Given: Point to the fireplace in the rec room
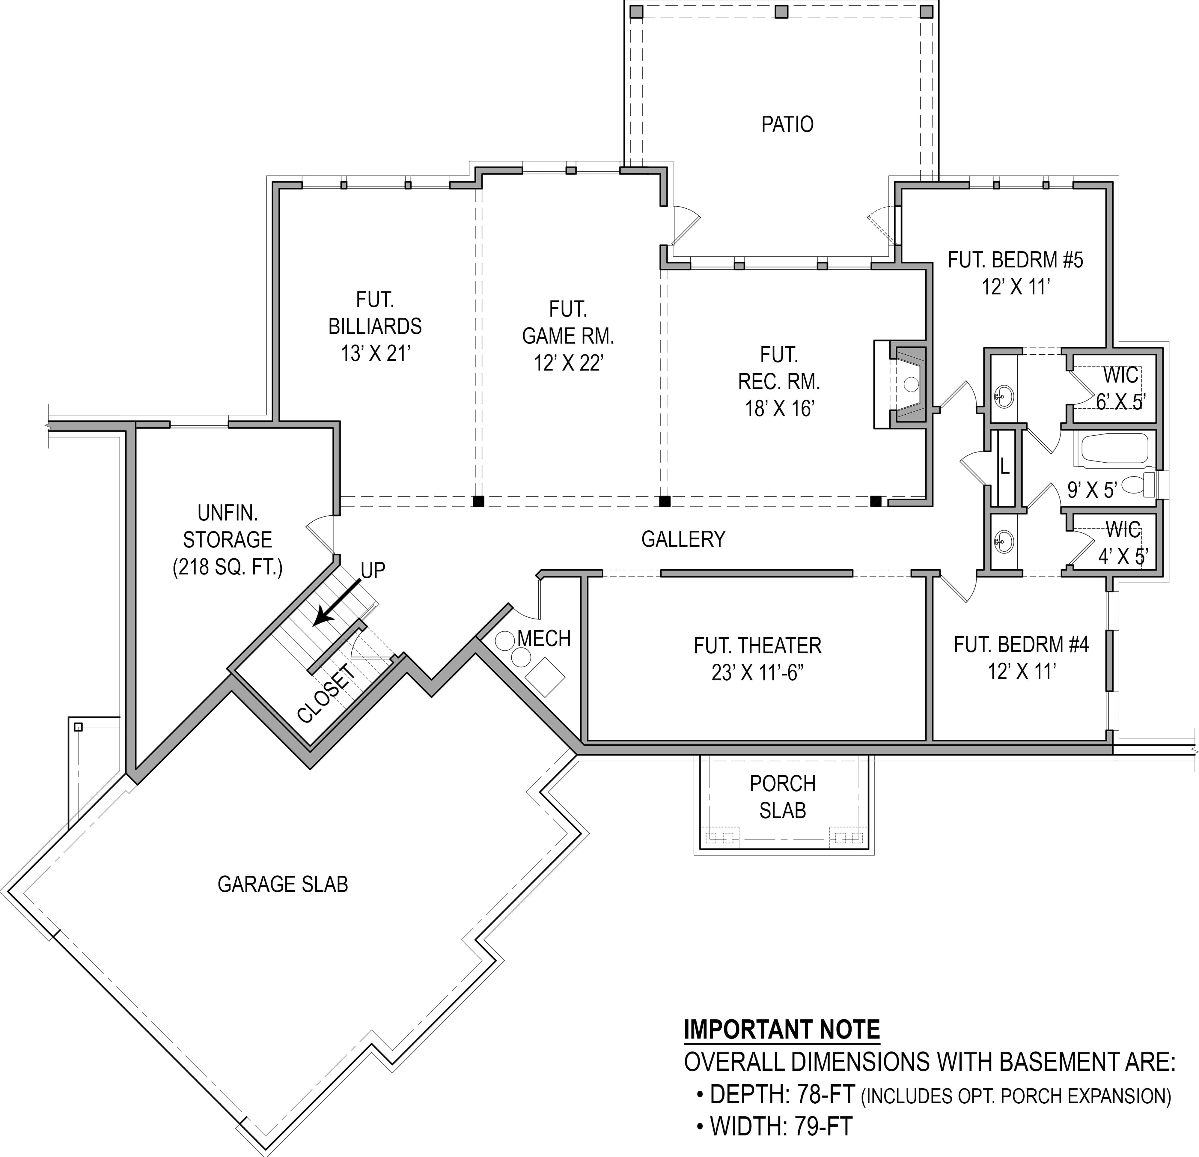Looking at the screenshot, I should coord(910,384).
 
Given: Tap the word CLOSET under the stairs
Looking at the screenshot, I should coord(326,694).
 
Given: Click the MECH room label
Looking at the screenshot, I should coord(544,639).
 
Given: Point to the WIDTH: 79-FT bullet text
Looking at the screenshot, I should coord(781,1126).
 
